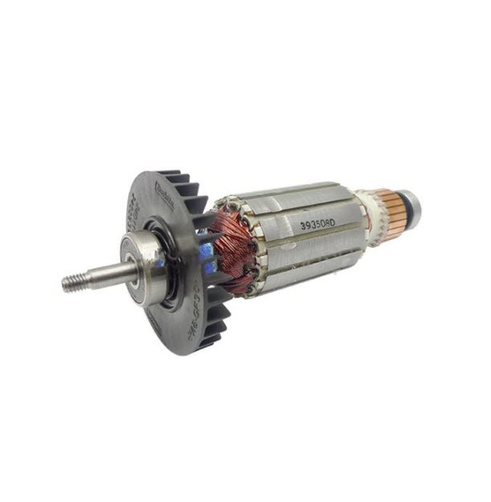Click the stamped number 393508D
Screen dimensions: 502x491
[x=317, y=225]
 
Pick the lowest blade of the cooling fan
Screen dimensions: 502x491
[x=210, y=340]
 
